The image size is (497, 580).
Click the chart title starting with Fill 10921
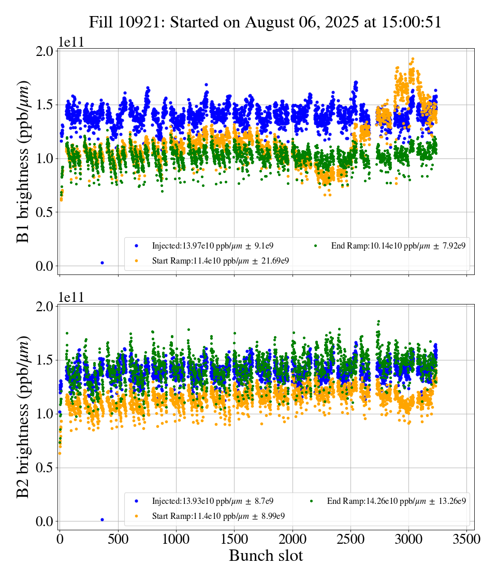[265, 22]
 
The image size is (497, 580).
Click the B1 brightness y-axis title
[23, 162]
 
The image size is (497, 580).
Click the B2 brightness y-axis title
[23, 417]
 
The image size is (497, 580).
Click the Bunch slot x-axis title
[266, 556]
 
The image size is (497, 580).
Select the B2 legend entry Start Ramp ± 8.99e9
[218, 516]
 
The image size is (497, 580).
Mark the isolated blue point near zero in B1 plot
[102, 263]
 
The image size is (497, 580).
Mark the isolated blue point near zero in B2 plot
[102, 519]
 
